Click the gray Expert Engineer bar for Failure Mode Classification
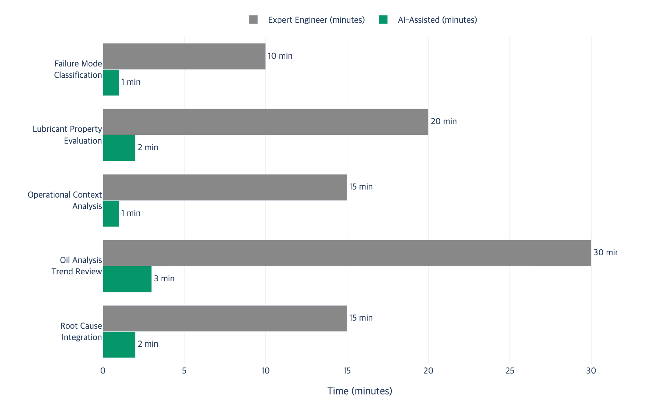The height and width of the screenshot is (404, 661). (x=184, y=56)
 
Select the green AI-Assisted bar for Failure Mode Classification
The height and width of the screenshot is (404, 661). (x=111, y=83)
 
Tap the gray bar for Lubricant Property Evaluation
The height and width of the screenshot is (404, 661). (x=266, y=122)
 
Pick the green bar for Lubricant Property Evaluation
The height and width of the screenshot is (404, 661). (x=119, y=148)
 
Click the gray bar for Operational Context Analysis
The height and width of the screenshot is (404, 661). (x=225, y=187)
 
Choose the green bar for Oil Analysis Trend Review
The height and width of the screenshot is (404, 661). (x=127, y=279)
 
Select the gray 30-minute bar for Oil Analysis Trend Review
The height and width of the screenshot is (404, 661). (x=347, y=253)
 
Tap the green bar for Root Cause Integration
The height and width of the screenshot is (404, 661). (x=119, y=345)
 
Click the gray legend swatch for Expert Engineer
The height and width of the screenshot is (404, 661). (x=253, y=20)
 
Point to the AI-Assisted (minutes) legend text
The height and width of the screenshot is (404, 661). (x=437, y=20)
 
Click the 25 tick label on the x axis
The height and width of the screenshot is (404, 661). (x=510, y=371)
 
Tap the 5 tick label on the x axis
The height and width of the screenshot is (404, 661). (x=184, y=371)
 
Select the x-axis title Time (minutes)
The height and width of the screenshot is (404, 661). (x=360, y=391)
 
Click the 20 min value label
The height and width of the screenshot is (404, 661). (x=444, y=122)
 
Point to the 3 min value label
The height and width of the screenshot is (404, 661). (x=164, y=279)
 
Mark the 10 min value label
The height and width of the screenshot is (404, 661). (x=280, y=56)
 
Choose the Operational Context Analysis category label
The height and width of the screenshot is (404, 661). (x=65, y=200)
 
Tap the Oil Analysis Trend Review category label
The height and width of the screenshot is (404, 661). (x=77, y=266)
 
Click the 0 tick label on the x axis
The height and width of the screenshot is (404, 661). (x=103, y=371)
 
